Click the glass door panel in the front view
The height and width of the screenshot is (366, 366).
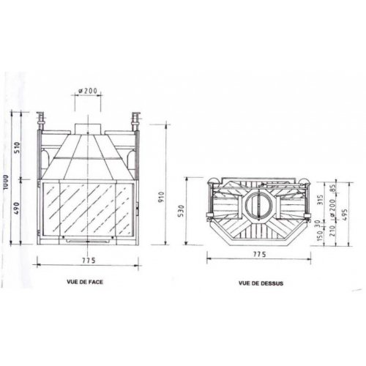(88, 207)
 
